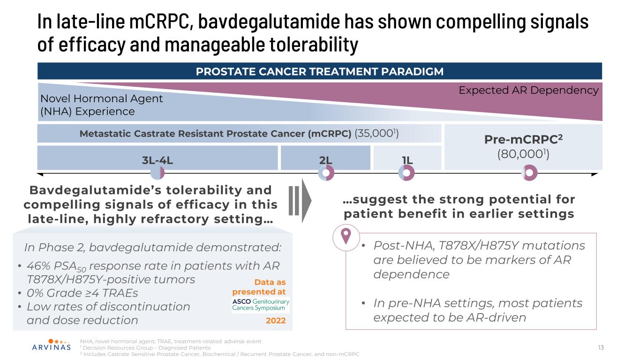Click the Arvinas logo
[x=52, y=345]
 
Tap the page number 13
[x=601, y=347]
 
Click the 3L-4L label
[x=158, y=160]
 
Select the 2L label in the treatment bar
[x=325, y=160]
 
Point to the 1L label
[x=407, y=160]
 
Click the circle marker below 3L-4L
[x=158, y=172]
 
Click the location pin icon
[x=346, y=236]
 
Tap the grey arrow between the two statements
[x=300, y=201]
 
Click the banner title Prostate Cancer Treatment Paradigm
[x=319, y=71]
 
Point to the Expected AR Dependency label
[x=528, y=90]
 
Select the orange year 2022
[x=276, y=321]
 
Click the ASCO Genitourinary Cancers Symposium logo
[x=261, y=305]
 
